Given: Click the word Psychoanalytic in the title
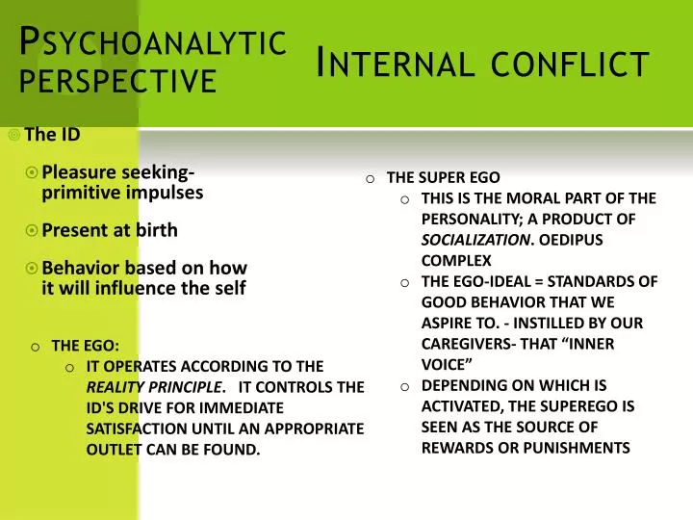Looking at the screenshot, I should (x=154, y=42).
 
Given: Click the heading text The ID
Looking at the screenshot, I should (x=52, y=135).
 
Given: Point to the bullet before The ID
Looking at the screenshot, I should (x=13, y=135).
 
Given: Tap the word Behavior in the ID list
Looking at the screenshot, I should (x=81, y=268).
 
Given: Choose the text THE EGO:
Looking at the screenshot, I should (x=86, y=346).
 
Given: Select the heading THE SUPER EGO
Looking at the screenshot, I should (x=443, y=177).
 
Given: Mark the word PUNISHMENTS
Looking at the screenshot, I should (x=582, y=448).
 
